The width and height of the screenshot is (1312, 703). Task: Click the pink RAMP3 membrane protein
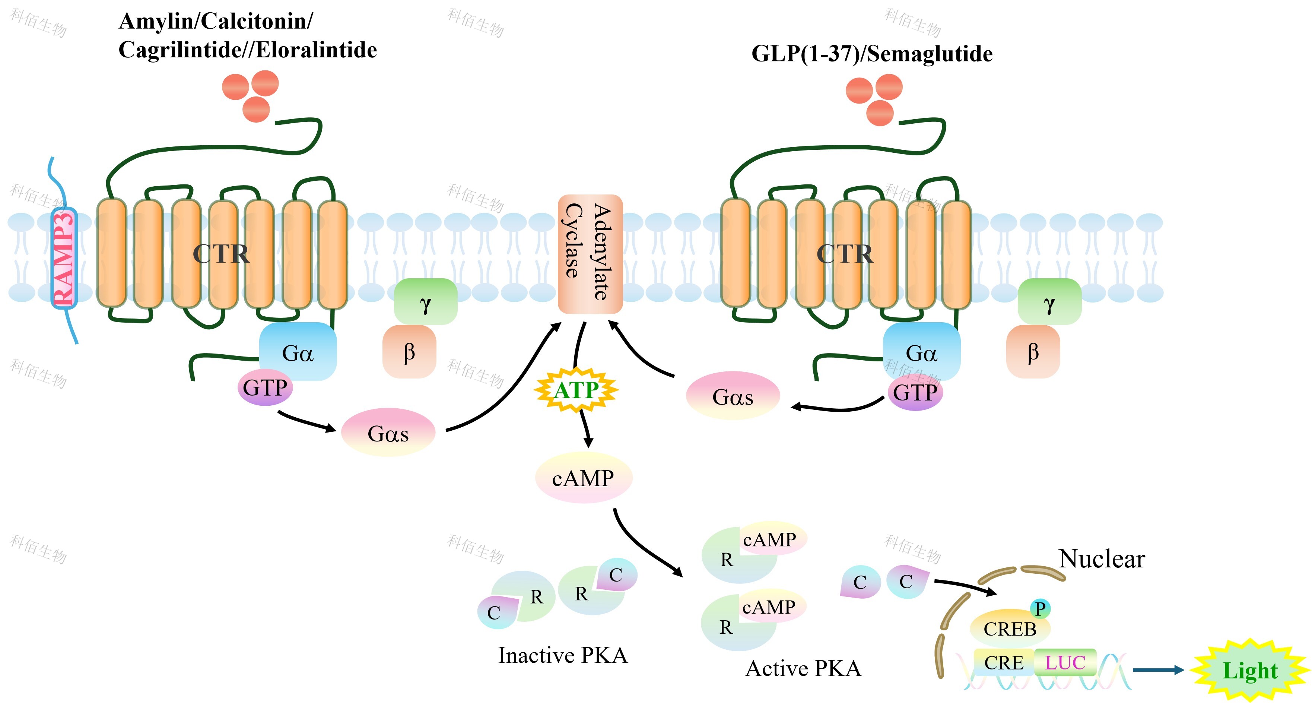64,258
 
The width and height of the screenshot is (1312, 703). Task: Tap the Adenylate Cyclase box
590,254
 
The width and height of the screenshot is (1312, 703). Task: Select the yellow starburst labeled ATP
576,390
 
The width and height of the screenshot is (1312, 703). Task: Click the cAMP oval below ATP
583,478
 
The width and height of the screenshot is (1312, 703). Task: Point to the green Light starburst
1250,670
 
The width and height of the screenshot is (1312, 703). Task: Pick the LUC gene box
1065,662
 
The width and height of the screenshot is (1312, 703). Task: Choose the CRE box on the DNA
1003,662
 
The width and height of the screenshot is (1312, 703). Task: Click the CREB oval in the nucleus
1010,628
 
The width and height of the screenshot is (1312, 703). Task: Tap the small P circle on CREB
1040,608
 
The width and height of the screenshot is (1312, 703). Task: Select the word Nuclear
1102,559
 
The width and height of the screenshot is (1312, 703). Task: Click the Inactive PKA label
563,655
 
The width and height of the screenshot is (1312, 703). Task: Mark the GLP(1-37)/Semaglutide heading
872,54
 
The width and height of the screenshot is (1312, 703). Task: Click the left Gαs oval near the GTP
388,433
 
